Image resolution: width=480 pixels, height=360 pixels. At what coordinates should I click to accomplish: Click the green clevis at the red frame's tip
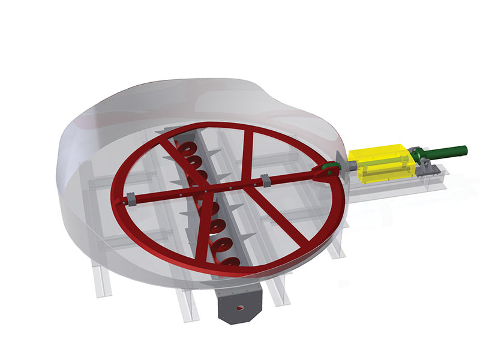tap(328, 170)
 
